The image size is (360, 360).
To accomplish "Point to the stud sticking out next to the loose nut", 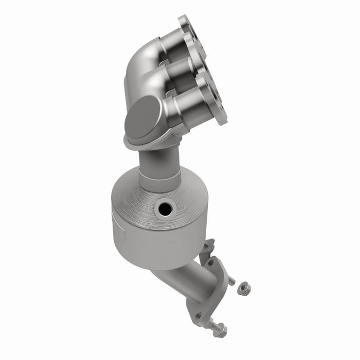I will (231, 281).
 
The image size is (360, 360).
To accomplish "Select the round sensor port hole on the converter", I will (165, 208).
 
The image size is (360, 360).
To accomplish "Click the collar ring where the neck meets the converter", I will (160, 182).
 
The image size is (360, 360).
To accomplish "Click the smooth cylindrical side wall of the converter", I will (154, 242).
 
